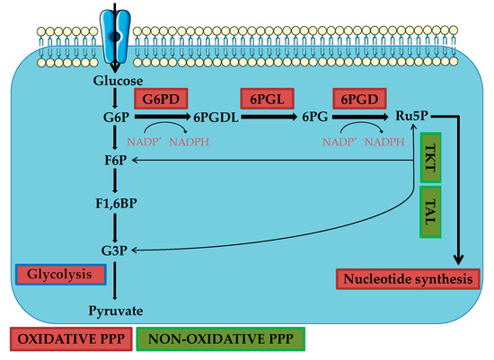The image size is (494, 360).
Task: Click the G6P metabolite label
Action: click(113, 116)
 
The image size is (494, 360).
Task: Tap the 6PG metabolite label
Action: click(317, 117)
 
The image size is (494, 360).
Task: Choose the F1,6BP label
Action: click(113, 203)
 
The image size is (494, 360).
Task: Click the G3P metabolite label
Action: click(113, 248)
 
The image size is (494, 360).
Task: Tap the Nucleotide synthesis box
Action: click(406, 279)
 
